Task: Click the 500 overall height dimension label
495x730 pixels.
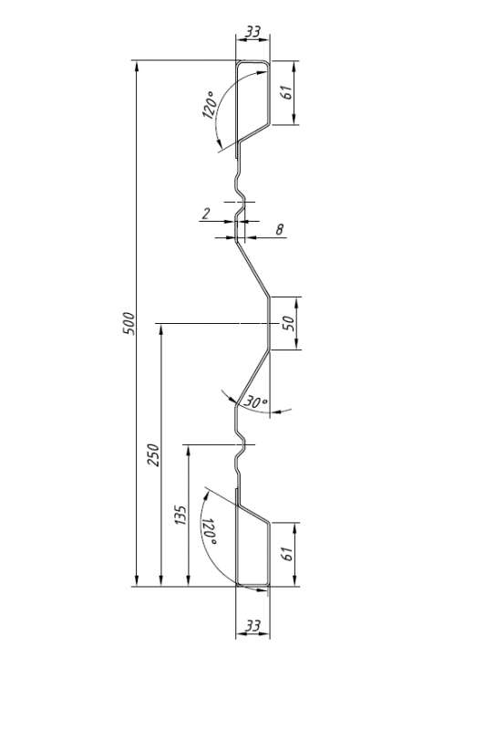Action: tap(129, 323)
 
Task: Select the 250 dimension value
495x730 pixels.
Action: tap(153, 455)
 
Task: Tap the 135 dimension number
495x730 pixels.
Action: tap(180, 515)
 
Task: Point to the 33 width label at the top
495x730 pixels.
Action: tap(253, 32)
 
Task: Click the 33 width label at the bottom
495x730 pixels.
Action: tap(253, 626)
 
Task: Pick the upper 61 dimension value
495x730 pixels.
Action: tap(287, 92)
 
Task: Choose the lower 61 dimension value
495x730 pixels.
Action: tap(287, 554)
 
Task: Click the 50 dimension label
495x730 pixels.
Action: tap(289, 323)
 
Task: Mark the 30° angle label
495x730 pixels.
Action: tap(256, 401)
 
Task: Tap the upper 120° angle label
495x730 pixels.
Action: tap(210, 105)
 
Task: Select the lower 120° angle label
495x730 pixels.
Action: tap(209, 532)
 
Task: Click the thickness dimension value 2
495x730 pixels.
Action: tap(206, 214)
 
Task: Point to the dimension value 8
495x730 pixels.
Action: tap(280, 229)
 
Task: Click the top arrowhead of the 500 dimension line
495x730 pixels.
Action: tap(137, 66)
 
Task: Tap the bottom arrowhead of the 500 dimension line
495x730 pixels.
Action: tap(137, 581)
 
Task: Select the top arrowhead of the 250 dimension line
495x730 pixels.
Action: tap(161, 328)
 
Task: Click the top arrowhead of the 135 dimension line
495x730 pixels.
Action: tap(188, 450)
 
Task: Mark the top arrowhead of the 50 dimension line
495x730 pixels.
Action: tap(296, 302)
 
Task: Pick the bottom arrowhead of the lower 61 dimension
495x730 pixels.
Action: tap(294, 581)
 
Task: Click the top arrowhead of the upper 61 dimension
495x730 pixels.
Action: tap(294, 66)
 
